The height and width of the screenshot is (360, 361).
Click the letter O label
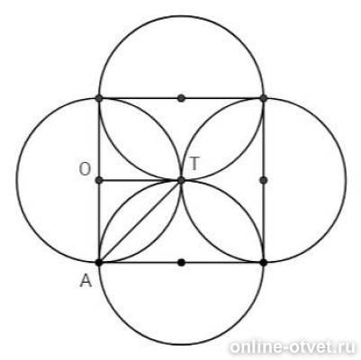pyautogui.click(x=85, y=169)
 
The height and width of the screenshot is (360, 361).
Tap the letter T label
pyautogui.click(x=194, y=164)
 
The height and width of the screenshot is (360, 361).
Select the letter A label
pyautogui.click(x=86, y=282)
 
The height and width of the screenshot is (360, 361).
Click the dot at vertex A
pyautogui.click(x=98, y=263)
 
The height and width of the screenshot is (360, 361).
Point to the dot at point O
pyautogui.click(x=99, y=180)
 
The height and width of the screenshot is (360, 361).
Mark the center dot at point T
pyautogui.click(x=181, y=180)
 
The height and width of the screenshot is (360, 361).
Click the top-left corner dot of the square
pyautogui.click(x=99, y=98)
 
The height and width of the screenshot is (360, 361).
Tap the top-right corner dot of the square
pyautogui.click(x=264, y=98)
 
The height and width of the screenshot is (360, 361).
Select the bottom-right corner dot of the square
pyautogui.click(x=264, y=263)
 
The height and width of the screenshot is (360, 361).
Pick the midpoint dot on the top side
pyautogui.click(x=181, y=98)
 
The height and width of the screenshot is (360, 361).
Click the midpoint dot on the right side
pyautogui.click(x=264, y=180)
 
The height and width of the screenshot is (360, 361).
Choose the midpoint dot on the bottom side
pyautogui.click(x=181, y=263)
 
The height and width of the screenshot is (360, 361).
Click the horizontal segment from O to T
pyautogui.click(x=140, y=180)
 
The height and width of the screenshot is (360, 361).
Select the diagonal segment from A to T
pyautogui.click(x=140, y=221)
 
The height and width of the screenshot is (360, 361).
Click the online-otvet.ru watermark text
pyautogui.click(x=293, y=347)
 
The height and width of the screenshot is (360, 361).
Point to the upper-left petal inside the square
pyautogui.click(x=140, y=139)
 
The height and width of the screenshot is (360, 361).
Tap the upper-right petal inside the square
pyautogui.click(x=222, y=139)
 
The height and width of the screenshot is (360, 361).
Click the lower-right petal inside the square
pyautogui.click(x=222, y=221)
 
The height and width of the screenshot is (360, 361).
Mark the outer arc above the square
pyautogui.click(x=181, y=16)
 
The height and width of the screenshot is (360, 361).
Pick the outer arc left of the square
pyautogui.click(x=16, y=180)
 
